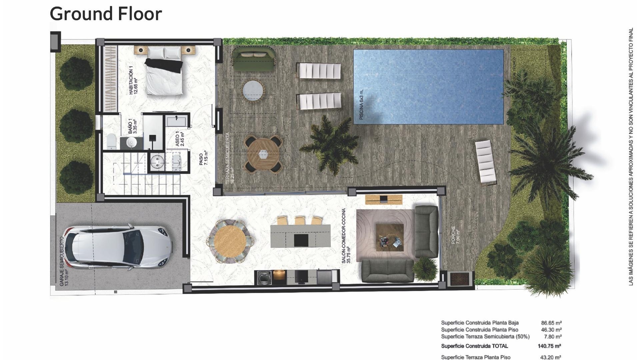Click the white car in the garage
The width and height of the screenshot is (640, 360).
point(119,247)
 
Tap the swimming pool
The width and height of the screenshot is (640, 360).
point(428,86)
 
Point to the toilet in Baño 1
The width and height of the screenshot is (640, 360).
point(111,141)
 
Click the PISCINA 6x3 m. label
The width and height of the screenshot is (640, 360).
point(362,104)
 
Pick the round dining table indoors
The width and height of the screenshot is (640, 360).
point(230,241)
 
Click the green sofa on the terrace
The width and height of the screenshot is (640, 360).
point(253,59)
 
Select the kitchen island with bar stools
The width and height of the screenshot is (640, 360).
point(300,235)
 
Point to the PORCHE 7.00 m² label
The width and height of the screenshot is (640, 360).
point(455,235)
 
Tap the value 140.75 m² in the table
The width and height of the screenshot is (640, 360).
point(549,346)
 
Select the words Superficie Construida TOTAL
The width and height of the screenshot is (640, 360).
point(474,346)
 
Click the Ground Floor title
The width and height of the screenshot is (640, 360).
point(106,14)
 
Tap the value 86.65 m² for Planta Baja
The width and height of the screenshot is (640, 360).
point(551,323)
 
